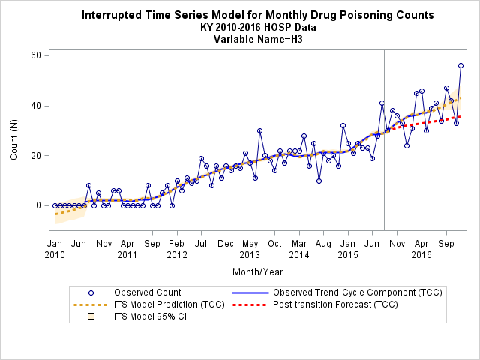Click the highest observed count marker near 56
pyautogui.click(x=460, y=66)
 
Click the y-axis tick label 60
pyautogui.click(x=36, y=55)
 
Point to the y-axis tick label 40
pyautogui.click(x=36, y=106)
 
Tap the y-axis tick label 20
pyautogui.click(x=36, y=156)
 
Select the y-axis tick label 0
pyautogui.click(x=38, y=205)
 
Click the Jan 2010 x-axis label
pyautogui.click(x=55, y=249)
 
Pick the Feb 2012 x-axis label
pyautogui.click(x=177, y=249)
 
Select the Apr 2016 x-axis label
pyautogui.click(x=421, y=249)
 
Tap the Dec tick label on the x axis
pyautogui.click(x=226, y=244)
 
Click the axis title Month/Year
pyautogui.click(x=258, y=271)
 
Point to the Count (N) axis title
pyautogui.click(x=14, y=140)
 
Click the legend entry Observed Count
pyautogui.click(x=148, y=292)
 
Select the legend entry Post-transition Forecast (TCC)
pyautogui.click(x=335, y=304)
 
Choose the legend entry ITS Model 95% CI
pyautogui.click(x=150, y=316)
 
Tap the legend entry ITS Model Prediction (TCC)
pyautogui.click(x=169, y=304)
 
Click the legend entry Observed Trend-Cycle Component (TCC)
pyautogui.click(x=358, y=292)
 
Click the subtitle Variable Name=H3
pyautogui.click(x=258, y=40)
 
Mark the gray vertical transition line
pyautogui.click(x=385, y=140)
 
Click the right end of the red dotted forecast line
pyautogui.click(x=460, y=117)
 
